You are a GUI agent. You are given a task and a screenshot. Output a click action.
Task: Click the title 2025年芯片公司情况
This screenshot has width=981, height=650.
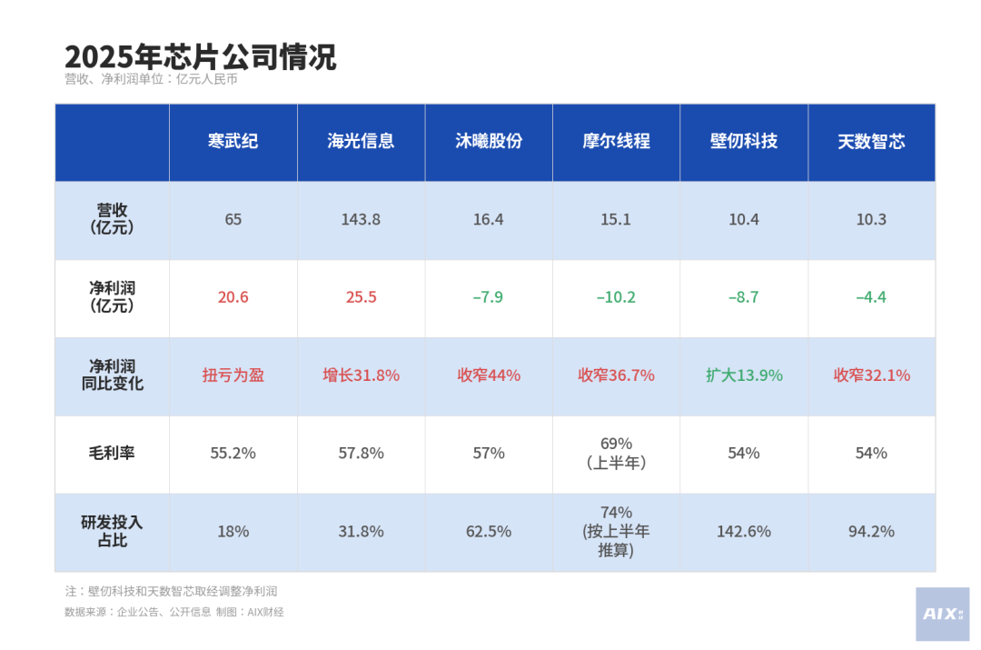coord(200,56)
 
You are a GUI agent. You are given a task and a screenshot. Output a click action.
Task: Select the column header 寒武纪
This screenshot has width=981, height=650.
coord(233,142)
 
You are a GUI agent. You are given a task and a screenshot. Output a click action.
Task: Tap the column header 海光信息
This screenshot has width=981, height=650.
coord(361,142)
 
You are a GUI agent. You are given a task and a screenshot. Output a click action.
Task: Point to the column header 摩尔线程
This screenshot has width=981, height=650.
coord(616,142)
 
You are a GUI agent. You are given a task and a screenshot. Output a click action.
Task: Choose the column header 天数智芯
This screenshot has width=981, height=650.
coord(871,142)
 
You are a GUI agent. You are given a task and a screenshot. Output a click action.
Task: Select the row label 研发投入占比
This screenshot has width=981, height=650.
coord(112,531)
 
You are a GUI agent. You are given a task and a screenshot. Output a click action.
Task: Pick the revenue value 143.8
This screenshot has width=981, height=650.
coord(361,220)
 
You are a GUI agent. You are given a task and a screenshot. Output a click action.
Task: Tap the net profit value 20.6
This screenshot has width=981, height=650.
coord(233,297)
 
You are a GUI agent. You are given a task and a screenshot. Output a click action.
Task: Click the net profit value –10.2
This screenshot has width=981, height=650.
coord(616,297)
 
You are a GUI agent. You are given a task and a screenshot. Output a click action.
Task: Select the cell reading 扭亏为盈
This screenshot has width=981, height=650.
coord(233,375)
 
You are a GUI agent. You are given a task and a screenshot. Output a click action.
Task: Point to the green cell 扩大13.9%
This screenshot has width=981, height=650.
coord(744,375)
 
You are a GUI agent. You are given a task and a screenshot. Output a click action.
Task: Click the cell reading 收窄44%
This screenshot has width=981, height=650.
coord(488,375)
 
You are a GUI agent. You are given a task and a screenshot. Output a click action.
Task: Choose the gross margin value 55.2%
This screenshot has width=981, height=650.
coord(233,453)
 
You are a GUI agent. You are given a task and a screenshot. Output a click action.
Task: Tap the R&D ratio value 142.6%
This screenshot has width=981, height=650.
coord(744,531)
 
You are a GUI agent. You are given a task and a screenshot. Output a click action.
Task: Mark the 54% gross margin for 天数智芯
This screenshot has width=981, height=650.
coord(871,453)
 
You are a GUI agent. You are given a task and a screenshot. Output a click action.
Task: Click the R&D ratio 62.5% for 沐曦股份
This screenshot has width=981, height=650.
coord(488,531)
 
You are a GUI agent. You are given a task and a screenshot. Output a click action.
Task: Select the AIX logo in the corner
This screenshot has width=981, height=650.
coord(942,614)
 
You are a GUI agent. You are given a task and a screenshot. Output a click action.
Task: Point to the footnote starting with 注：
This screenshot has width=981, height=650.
coord(171,591)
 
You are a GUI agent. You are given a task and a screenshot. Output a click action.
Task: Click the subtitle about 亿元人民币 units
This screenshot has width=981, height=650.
coord(151,79)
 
